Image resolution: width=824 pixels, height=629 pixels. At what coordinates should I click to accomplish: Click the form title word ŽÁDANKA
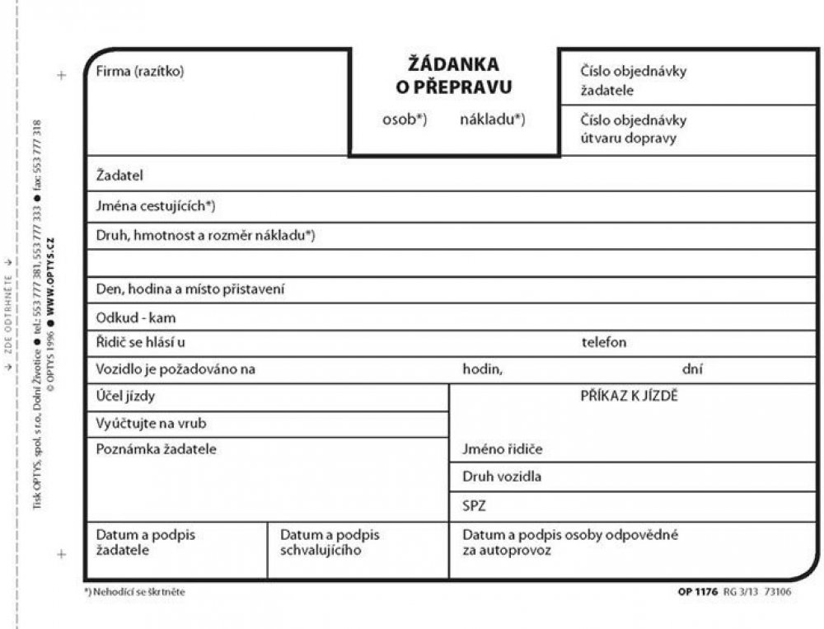[x=454, y=63]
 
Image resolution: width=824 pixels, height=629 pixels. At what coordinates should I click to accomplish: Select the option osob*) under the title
[x=404, y=119]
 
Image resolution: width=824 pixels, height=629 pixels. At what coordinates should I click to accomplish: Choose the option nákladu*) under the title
[x=492, y=119]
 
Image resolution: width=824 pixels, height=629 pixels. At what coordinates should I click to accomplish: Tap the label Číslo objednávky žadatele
[x=633, y=80]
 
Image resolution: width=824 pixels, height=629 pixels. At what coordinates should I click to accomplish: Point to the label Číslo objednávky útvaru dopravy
[x=633, y=129]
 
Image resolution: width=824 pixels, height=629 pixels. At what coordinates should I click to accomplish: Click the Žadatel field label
[x=120, y=176]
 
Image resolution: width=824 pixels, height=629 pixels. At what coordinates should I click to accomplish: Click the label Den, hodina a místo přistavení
[x=190, y=289]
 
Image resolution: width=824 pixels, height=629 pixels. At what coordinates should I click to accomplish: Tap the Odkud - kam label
[x=136, y=317]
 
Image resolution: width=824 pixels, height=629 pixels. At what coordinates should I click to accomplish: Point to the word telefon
[x=604, y=342]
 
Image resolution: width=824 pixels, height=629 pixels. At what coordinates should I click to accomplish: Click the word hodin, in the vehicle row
[x=482, y=369]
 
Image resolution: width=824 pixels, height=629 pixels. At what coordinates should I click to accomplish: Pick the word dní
[x=692, y=369]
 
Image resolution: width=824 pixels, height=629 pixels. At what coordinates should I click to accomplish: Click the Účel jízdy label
[x=125, y=397]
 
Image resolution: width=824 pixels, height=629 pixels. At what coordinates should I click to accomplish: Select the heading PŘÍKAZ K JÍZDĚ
[x=629, y=396]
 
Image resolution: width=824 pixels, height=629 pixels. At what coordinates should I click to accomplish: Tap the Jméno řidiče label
[x=502, y=449]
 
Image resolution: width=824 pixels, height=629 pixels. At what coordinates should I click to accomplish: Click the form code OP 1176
[x=697, y=592]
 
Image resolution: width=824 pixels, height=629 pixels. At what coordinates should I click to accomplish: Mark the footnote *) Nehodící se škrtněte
[x=134, y=592]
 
